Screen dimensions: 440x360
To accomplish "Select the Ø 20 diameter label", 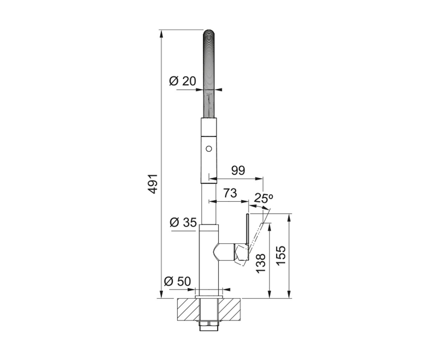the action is [x=182, y=81].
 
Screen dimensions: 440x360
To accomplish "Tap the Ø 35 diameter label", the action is [x=183, y=222].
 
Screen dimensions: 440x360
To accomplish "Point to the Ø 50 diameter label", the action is [x=177, y=281].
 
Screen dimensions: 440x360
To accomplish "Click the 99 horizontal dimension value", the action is [x=238, y=171].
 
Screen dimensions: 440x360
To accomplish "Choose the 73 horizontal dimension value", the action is [x=230, y=193].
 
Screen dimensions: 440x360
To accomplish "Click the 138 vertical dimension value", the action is [x=261, y=263].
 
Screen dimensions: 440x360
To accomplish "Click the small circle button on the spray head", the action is [x=209, y=149].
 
